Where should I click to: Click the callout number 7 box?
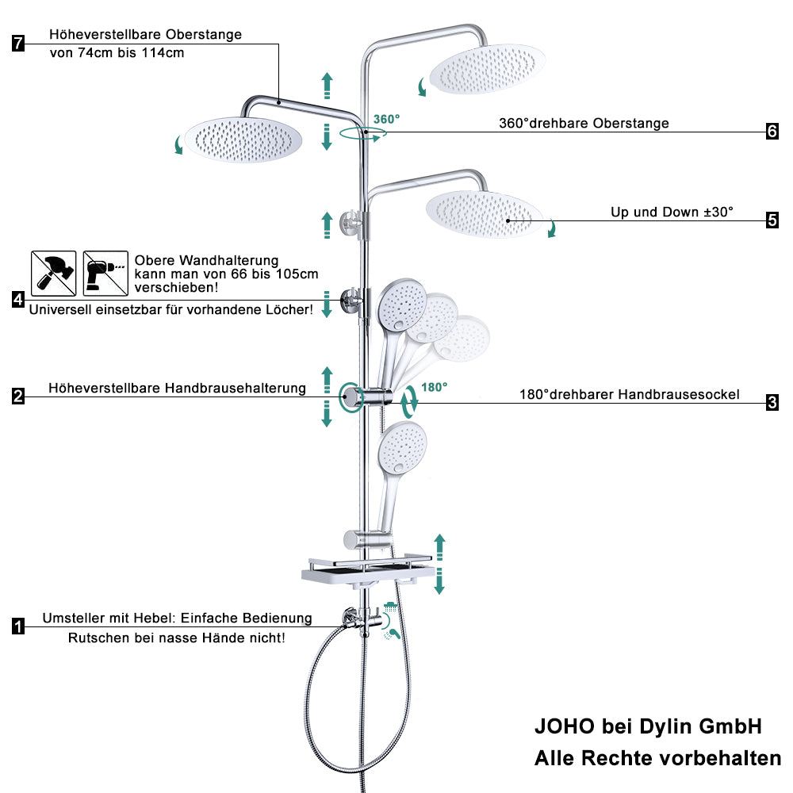(18, 43)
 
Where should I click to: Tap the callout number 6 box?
(772, 131)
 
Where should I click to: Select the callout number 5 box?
(772, 220)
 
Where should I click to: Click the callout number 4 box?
(18, 300)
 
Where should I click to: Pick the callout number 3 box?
(772, 403)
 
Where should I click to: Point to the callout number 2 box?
(18, 396)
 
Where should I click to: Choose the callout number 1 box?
(18, 626)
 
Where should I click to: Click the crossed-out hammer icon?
(54, 273)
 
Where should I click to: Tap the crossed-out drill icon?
(105, 273)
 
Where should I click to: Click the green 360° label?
(386, 120)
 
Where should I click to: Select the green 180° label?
(434, 388)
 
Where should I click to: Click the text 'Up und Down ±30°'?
(672, 212)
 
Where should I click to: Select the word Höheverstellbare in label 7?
(105, 34)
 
